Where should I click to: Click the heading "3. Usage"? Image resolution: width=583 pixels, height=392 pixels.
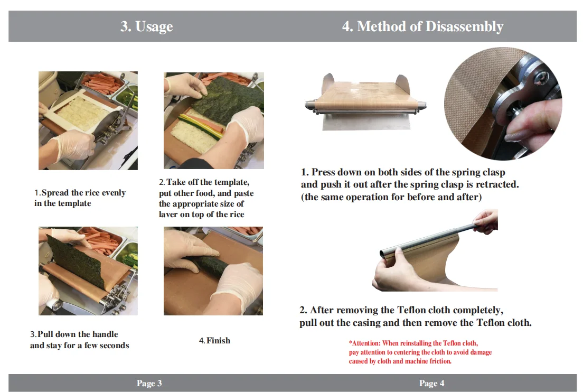click(x=146, y=26)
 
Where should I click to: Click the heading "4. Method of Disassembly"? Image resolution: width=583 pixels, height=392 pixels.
click(x=422, y=26)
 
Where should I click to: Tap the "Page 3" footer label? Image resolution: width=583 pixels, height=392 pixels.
click(x=149, y=383)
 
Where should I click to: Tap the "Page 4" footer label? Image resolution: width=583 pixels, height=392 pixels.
click(x=431, y=383)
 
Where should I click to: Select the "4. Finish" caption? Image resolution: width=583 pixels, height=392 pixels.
click(x=214, y=340)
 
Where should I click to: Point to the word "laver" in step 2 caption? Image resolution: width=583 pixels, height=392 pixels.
click(x=168, y=214)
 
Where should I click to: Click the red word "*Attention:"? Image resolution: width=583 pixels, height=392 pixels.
click(x=364, y=343)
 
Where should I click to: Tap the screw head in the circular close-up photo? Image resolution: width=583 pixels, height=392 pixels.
click(x=538, y=78)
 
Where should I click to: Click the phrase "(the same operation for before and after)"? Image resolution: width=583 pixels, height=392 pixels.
click(x=391, y=197)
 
